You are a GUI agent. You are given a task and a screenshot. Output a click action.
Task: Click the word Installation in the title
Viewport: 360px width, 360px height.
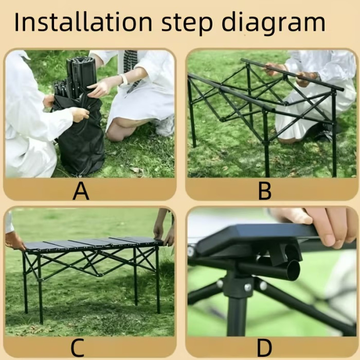[83, 22]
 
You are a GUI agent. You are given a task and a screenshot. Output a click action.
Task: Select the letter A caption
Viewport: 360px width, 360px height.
[81, 191]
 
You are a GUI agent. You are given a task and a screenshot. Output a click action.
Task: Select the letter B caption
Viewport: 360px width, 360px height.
[265, 191]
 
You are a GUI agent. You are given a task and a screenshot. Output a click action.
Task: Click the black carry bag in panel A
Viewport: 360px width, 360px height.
[80, 135]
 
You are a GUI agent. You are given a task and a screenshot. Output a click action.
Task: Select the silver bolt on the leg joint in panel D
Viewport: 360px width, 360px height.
[248, 287]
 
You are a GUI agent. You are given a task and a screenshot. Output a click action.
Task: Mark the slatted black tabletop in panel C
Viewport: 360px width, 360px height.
[92, 244]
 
